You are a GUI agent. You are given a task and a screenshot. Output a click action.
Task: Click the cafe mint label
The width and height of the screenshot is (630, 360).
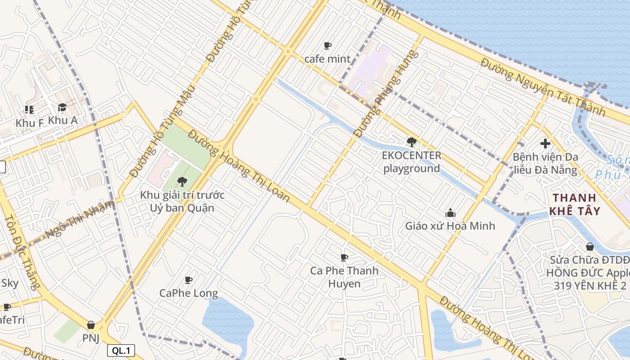click(x=327, y=58)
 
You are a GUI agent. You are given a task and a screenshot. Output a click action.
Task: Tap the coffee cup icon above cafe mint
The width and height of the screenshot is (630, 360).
click(x=327, y=45)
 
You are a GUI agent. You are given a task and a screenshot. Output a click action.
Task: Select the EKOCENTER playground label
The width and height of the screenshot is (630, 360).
click(x=411, y=162)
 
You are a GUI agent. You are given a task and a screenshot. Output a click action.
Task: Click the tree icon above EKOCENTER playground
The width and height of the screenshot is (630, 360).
click(x=411, y=142)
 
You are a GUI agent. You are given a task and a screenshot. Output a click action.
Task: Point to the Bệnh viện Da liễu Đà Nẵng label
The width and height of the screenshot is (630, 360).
click(x=545, y=163)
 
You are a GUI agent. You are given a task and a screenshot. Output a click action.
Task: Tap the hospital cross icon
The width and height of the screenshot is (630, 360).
click(x=545, y=144)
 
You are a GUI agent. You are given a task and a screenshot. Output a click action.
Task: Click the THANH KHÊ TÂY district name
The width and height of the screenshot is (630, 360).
click(x=575, y=204)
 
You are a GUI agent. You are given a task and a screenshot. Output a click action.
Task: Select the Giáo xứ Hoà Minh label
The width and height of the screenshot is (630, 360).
click(x=450, y=226)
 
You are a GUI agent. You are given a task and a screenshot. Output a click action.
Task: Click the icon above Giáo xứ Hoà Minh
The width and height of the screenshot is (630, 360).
click(x=450, y=213)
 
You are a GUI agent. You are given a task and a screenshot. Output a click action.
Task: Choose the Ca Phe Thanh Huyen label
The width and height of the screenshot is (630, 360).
click(x=344, y=277)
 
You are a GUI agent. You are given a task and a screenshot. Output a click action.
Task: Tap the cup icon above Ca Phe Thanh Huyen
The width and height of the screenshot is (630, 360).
click(x=344, y=257)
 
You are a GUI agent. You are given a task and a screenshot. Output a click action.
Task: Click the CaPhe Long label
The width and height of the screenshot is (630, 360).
click(x=189, y=293)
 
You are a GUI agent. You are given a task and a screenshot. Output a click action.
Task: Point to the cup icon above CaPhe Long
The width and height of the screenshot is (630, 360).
click(x=189, y=280)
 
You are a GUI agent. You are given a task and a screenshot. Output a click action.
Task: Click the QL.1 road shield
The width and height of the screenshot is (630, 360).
click(x=121, y=351)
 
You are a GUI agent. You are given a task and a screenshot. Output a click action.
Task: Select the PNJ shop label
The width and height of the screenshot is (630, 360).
click(x=90, y=338)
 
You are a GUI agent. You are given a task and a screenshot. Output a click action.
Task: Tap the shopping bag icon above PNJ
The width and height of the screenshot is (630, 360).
click(x=91, y=325)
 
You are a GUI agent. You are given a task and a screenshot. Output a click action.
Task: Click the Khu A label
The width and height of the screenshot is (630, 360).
click(x=63, y=120)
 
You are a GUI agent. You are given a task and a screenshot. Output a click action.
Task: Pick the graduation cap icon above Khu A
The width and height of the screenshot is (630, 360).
click(x=62, y=108)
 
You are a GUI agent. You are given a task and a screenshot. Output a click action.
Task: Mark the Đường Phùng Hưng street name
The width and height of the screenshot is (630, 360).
click(x=386, y=94)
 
